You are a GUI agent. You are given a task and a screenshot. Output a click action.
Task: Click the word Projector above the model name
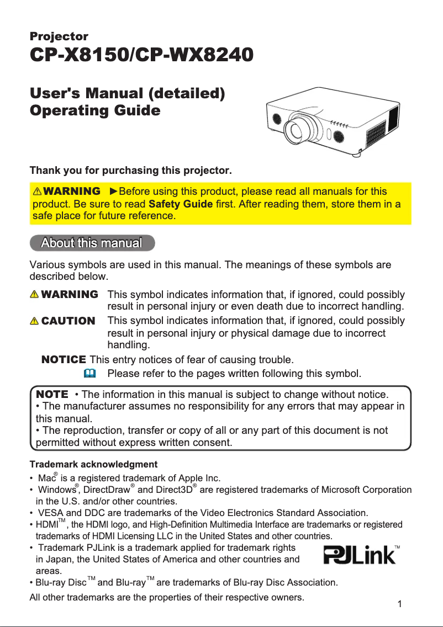tap(59, 36)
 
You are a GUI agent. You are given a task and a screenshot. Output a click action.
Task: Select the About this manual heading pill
tap(92, 243)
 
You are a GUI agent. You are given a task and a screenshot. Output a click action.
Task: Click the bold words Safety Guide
tap(181, 204)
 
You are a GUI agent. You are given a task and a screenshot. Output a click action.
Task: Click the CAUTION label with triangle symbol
tap(63, 321)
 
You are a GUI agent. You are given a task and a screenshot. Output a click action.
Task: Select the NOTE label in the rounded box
tap(52, 395)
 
